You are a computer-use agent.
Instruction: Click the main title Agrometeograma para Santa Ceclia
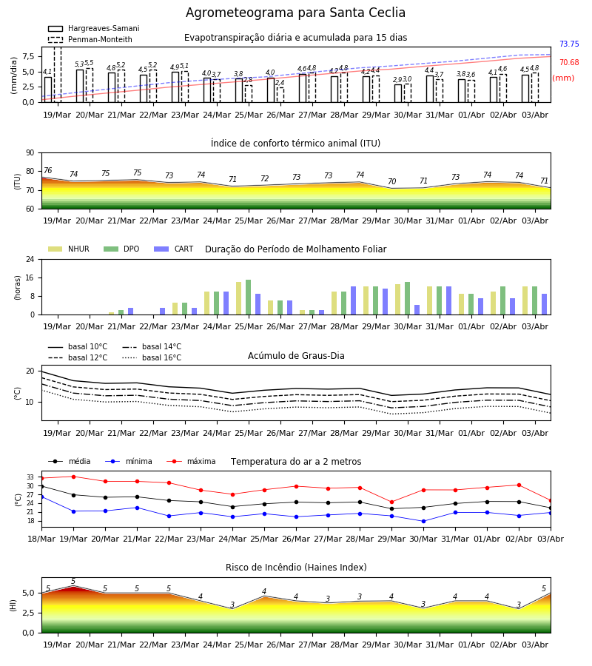(x=295, y=13)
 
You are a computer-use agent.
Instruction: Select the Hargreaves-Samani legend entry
(x=94, y=28)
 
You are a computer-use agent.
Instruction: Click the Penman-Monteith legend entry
(x=90, y=39)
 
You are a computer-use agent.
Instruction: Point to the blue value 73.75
(x=569, y=44)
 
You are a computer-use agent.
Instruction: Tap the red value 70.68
(x=569, y=62)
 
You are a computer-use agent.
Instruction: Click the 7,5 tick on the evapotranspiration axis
(x=28, y=56)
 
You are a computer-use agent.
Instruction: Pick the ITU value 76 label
(x=47, y=170)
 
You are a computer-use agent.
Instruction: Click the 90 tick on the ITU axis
(x=30, y=153)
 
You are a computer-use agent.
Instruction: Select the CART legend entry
(x=174, y=249)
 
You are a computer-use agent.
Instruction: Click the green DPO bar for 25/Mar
(x=249, y=297)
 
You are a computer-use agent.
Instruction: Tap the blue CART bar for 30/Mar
(x=417, y=310)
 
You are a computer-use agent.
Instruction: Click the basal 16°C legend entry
(x=152, y=357)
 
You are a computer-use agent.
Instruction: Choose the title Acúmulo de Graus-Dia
(x=296, y=356)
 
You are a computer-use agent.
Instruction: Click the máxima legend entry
(x=191, y=461)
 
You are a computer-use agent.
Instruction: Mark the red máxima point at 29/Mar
(x=391, y=502)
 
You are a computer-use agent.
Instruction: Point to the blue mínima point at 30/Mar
(x=423, y=521)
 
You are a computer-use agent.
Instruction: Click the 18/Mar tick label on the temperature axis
(x=41, y=539)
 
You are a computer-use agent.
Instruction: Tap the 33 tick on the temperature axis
(x=30, y=477)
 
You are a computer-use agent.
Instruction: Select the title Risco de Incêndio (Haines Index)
(x=296, y=568)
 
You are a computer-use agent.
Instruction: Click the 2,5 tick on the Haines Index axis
(x=28, y=613)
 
